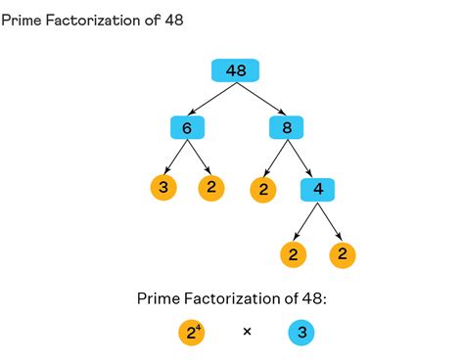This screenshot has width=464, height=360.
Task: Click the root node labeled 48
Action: pos(235,70)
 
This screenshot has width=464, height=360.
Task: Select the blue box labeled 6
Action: pos(186,128)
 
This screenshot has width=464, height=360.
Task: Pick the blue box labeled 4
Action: pos(318,188)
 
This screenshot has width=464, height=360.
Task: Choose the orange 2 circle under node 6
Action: pos(211,188)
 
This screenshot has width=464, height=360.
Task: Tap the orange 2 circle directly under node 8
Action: pos(261,189)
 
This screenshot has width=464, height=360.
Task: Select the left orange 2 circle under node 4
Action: pos(293,255)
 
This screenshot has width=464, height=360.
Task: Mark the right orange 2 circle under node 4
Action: pos(343,255)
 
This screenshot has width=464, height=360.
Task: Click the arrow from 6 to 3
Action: pos(173,157)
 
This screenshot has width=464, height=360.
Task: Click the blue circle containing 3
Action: pos(302,334)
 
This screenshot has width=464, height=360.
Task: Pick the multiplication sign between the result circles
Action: pos(247,334)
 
